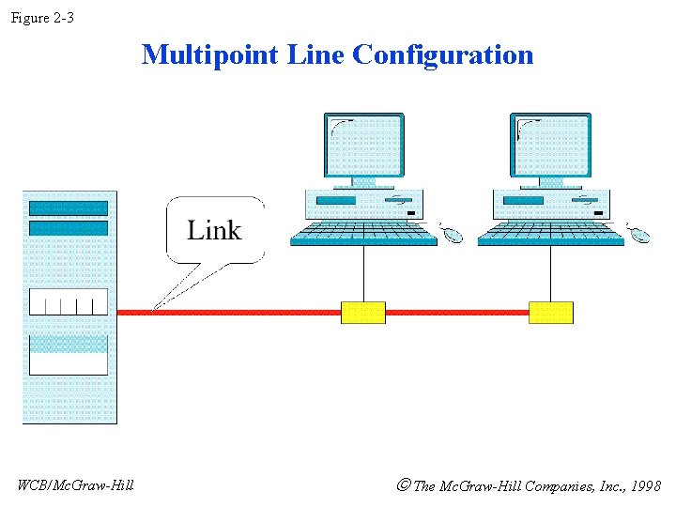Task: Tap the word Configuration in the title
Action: [x=443, y=54]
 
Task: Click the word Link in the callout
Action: [x=214, y=230]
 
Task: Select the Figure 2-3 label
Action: [x=42, y=18]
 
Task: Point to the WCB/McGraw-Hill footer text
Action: [x=75, y=484]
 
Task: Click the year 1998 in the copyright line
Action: [x=646, y=486]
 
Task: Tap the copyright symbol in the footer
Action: [x=404, y=485]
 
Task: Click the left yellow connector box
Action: [x=362, y=313]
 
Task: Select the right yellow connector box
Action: [x=550, y=313]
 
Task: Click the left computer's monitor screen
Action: [x=364, y=145]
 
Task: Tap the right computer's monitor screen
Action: [x=550, y=145]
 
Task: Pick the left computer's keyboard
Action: [x=363, y=234]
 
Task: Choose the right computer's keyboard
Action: [x=550, y=234]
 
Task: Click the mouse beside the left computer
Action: [x=453, y=234]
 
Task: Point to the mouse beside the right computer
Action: [x=640, y=234]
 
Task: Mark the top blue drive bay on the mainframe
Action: [x=69, y=208]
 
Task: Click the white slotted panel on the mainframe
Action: [x=69, y=301]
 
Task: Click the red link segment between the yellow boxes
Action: [x=456, y=313]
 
